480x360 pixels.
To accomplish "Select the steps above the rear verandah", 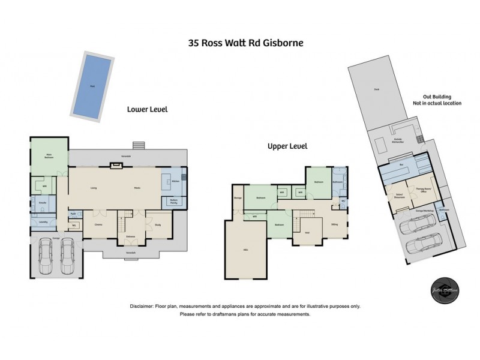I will pyautogui.click(x=139, y=145).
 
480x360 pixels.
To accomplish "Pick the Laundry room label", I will pyautogui.click(x=43, y=222).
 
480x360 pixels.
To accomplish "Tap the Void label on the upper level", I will pyautogui.click(x=307, y=233).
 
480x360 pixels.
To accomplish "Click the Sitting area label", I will pyautogui.click(x=334, y=224).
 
